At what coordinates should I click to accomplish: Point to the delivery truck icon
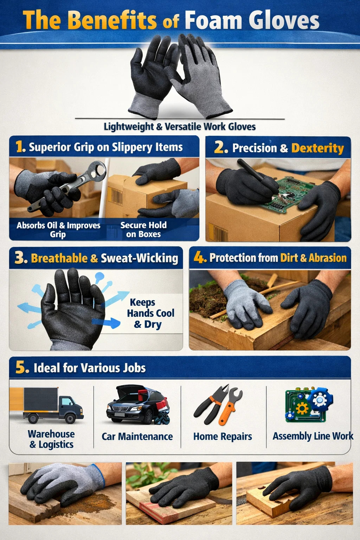pos(46,405)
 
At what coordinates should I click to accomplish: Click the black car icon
pos(138,405)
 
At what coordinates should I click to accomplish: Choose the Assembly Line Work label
pos(313,436)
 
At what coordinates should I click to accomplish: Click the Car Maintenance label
pos(137,437)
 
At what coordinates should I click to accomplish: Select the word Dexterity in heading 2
pos(317,148)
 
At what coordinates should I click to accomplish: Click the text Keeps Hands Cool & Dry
pos(150,313)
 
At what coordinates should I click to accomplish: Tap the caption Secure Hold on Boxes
pos(143,230)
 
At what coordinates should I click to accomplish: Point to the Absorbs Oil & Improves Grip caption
pos(58,230)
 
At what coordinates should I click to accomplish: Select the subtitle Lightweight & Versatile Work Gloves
pos(180,127)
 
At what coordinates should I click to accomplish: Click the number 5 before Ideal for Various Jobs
pos(22,368)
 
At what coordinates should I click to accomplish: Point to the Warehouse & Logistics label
pos(51,439)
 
